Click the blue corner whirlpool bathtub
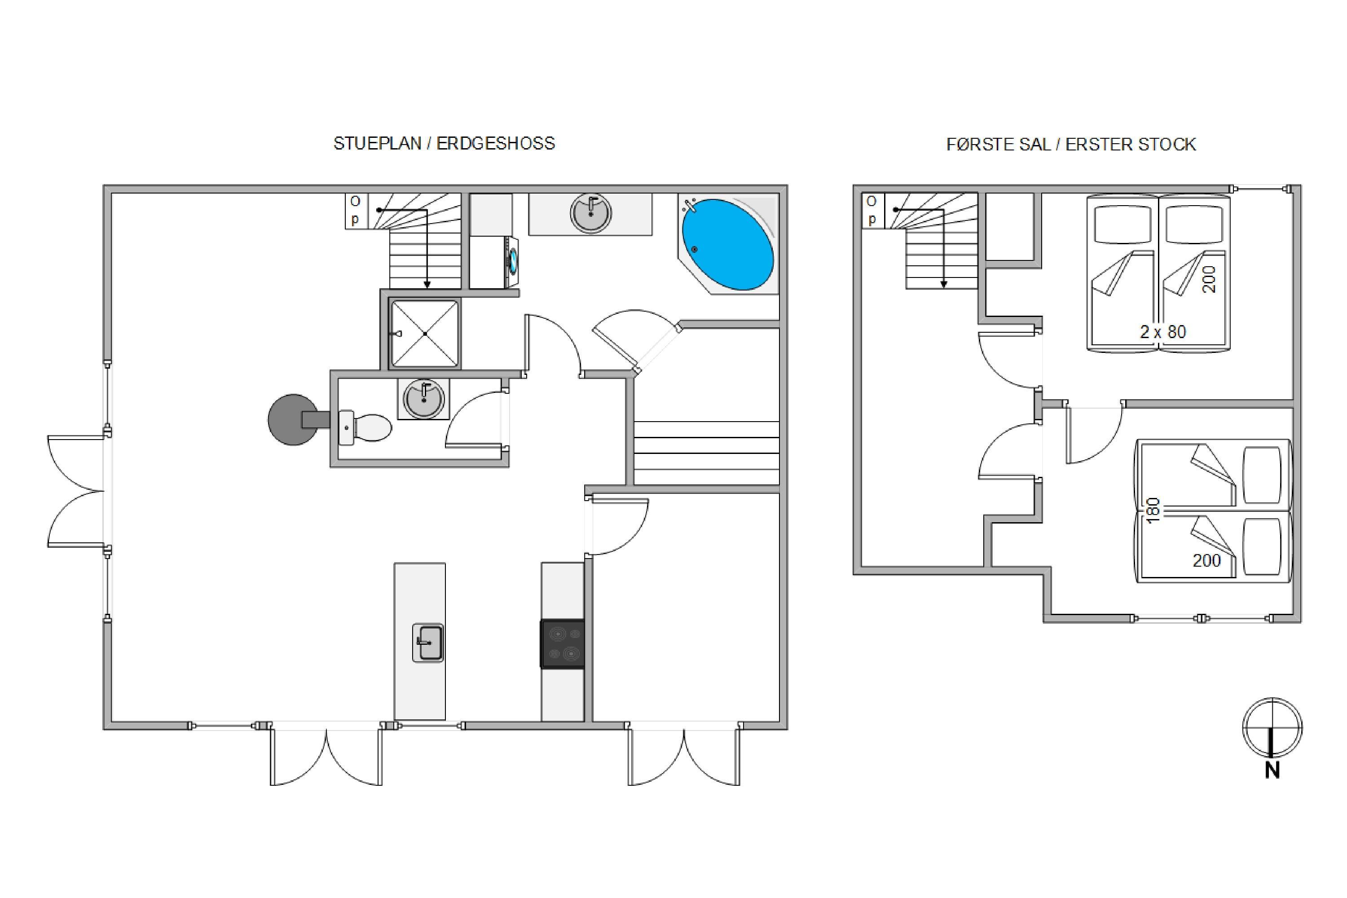727,245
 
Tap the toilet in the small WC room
365,428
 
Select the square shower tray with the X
425,333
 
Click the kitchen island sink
428,643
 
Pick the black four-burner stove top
563,644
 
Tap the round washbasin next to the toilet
423,399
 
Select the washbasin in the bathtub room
590,213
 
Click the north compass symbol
1272,728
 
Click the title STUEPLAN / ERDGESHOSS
445,143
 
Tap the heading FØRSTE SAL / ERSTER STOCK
1071,144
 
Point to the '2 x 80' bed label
1163,332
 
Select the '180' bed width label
1153,510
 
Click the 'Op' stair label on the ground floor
356,210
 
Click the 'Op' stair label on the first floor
872,210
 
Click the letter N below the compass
1272,771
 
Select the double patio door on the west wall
76,491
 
